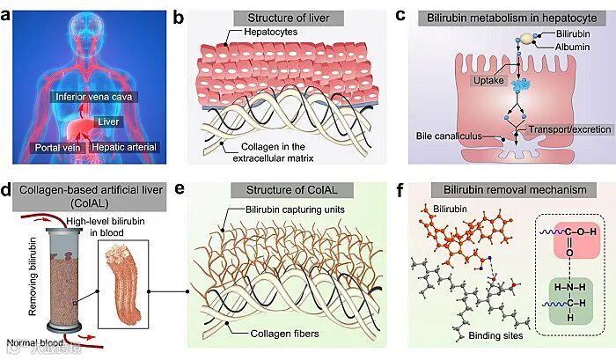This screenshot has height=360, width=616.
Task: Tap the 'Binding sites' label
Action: point(488,335)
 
